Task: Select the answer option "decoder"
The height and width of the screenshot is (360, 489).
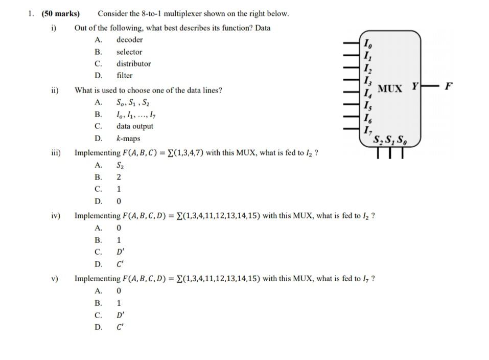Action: click(129, 40)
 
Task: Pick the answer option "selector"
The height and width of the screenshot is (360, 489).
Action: click(129, 52)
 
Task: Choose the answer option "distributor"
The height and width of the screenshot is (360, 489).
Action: click(133, 63)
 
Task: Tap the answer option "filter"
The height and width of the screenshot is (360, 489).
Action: click(124, 76)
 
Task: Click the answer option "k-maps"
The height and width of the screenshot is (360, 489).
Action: click(128, 139)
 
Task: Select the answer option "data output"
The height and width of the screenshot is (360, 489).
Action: click(134, 126)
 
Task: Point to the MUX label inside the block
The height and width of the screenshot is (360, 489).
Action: click(390, 88)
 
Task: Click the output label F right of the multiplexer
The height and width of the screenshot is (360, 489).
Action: click(448, 85)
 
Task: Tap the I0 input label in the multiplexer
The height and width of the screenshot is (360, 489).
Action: click(366, 42)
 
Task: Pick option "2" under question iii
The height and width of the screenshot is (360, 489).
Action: click(119, 177)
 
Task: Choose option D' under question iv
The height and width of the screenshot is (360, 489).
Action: click(120, 252)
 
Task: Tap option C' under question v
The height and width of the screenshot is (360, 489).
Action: click(120, 327)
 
